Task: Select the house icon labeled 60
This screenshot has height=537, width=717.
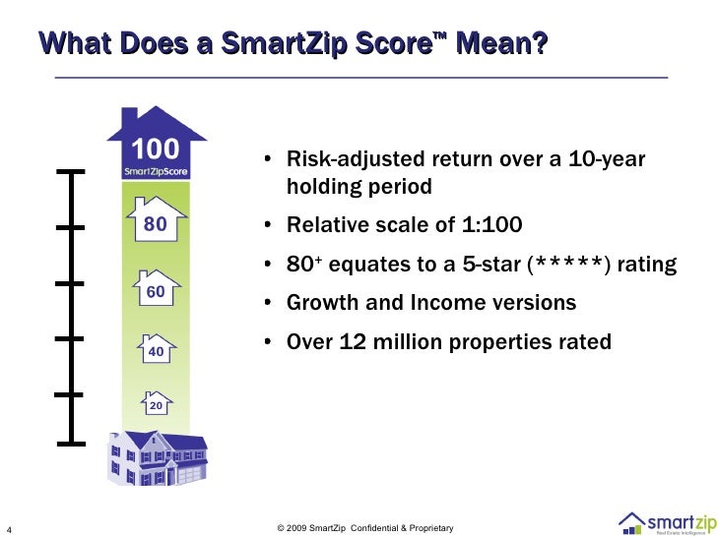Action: click(x=155, y=290)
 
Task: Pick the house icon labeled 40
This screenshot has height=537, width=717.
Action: click(x=155, y=349)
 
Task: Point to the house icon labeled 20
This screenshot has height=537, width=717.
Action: click(x=155, y=404)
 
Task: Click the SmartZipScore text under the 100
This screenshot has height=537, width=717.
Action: click(x=155, y=170)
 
